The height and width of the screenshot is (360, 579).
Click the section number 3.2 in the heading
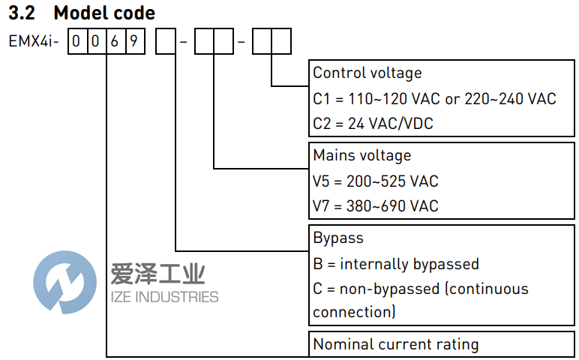pos(22,13)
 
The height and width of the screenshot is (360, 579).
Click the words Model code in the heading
pos(104,13)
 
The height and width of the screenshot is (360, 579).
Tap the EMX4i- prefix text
pos(33,41)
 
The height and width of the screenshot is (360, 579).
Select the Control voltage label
pos(367,73)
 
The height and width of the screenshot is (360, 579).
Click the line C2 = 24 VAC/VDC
pos(373,124)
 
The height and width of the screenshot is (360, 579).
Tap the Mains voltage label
pos(361,155)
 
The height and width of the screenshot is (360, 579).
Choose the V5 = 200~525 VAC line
pos(375,181)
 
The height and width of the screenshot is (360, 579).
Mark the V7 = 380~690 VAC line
pos(375,205)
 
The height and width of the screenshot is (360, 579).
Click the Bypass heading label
pos(337,238)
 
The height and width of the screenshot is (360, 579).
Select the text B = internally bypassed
pos(395,263)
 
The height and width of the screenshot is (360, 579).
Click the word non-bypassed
pos(388,289)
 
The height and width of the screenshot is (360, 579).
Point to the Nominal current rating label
pos(395,344)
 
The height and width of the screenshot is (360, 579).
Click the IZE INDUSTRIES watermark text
pos(164,297)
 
